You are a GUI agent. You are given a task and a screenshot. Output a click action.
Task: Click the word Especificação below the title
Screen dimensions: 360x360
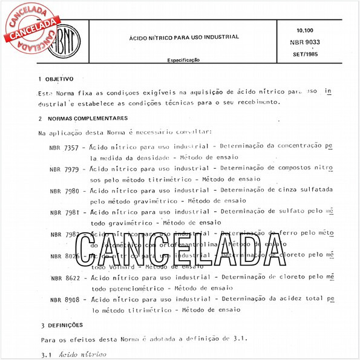click(x=184, y=61)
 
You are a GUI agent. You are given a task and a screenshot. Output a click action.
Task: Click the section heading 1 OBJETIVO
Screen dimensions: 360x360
click(x=56, y=79)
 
